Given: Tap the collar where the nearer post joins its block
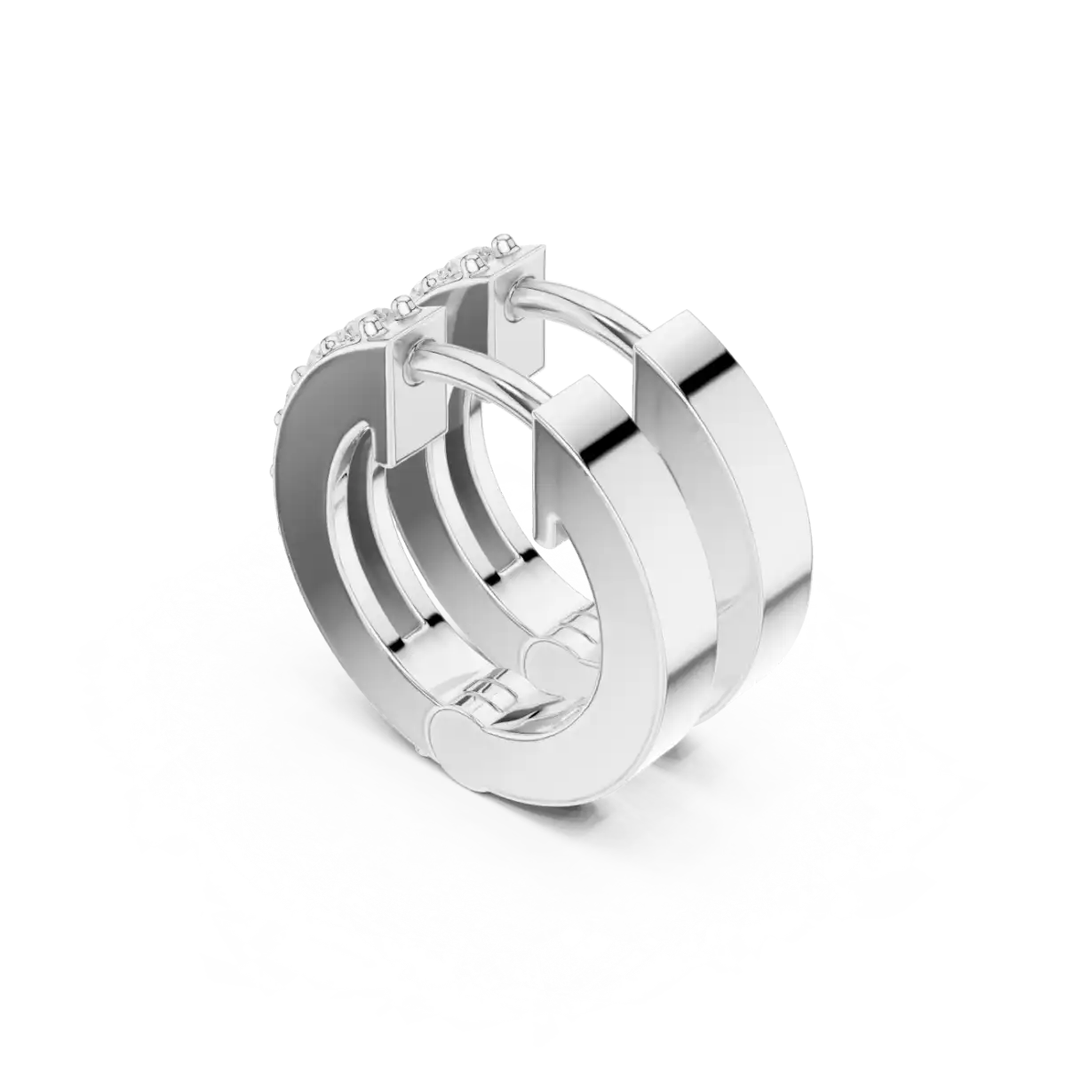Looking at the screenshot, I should (417, 362).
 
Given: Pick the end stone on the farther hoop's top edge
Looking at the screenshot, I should (506, 243).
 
